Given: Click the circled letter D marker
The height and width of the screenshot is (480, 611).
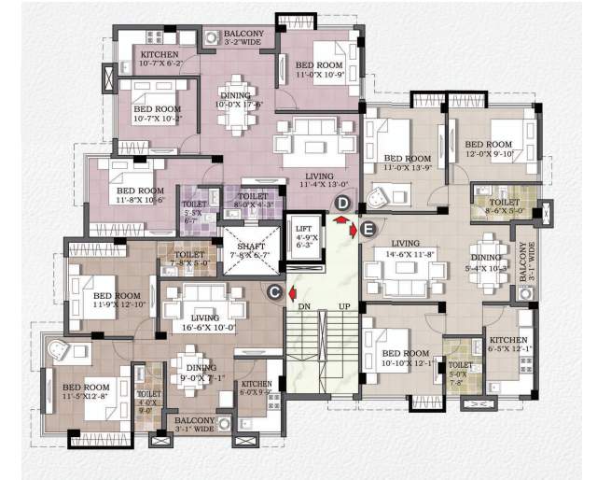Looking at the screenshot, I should point(342,203).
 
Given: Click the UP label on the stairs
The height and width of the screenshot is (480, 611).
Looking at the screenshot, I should point(344,306).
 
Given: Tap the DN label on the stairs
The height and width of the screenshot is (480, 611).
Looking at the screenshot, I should point(304,306).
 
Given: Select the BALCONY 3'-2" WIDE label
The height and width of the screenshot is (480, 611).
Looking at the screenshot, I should point(243,38).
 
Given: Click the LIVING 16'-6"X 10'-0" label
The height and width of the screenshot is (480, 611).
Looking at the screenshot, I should point(201,321).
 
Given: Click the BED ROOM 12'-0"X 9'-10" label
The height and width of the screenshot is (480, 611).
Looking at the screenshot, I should point(490,148).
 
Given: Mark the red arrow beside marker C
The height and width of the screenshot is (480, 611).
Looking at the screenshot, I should point(292,289).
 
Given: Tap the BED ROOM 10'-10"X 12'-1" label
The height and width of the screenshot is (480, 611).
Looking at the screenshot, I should point(406,358).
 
